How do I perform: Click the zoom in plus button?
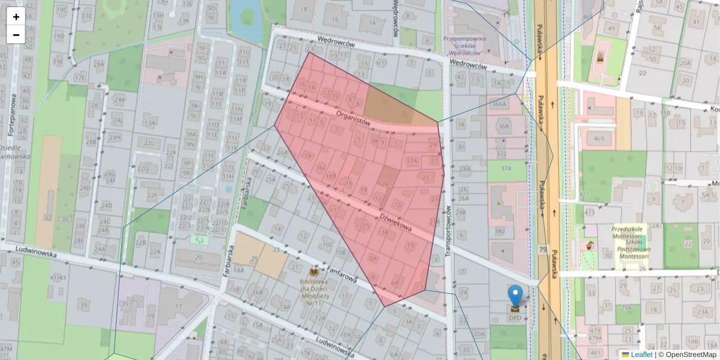tap(16, 16)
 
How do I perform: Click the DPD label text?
tap(515, 318)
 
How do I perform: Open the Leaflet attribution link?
tap(643, 355)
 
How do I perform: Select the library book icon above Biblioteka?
tap(313, 272)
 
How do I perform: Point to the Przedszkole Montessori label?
tap(630, 242)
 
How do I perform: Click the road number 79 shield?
tap(542, 249)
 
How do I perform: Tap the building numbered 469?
tap(599, 139)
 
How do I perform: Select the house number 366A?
tap(499, 104)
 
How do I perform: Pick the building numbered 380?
tap(499, 231)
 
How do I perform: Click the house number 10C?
tap(327, 244)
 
